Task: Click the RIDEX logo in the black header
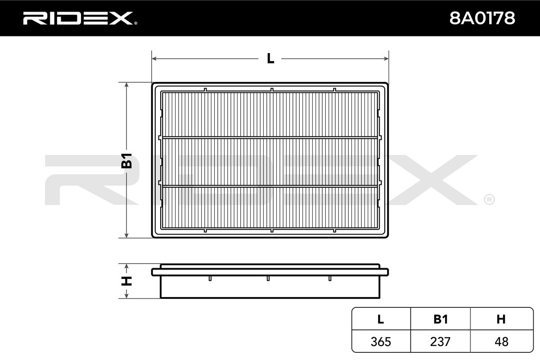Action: point(80,18)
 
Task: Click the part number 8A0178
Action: point(482,18)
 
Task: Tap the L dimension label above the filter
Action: point(270,58)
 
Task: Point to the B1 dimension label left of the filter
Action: point(126,161)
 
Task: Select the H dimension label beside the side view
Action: point(126,281)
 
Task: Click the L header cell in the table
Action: point(381,319)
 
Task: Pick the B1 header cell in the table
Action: point(441,319)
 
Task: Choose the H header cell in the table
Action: point(501,319)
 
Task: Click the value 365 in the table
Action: point(381,342)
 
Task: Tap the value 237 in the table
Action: point(440,342)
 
